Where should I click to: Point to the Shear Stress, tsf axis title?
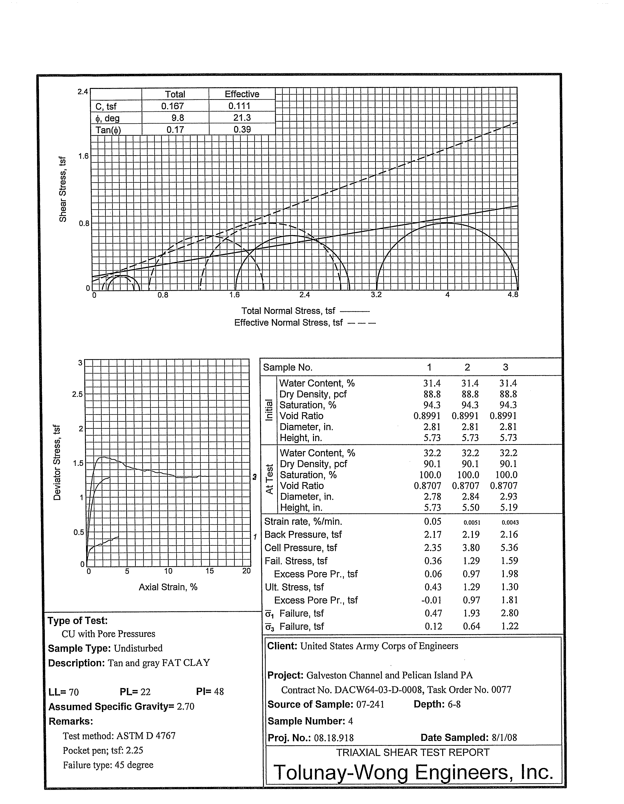[x=63, y=189]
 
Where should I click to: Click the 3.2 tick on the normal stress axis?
[x=376, y=295]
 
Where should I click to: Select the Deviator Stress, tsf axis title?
[x=57, y=462]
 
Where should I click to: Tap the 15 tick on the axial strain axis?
[x=210, y=571]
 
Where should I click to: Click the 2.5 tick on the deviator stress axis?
[x=78, y=394]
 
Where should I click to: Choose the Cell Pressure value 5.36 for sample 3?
[x=509, y=548]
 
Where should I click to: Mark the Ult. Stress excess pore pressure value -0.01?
[x=431, y=600]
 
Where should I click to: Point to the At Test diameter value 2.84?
[x=470, y=497]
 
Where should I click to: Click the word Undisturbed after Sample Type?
[x=138, y=648]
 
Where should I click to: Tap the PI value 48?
[x=219, y=692]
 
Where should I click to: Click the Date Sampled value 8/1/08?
[x=504, y=738]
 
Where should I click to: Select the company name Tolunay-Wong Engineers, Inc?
[x=413, y=772]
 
